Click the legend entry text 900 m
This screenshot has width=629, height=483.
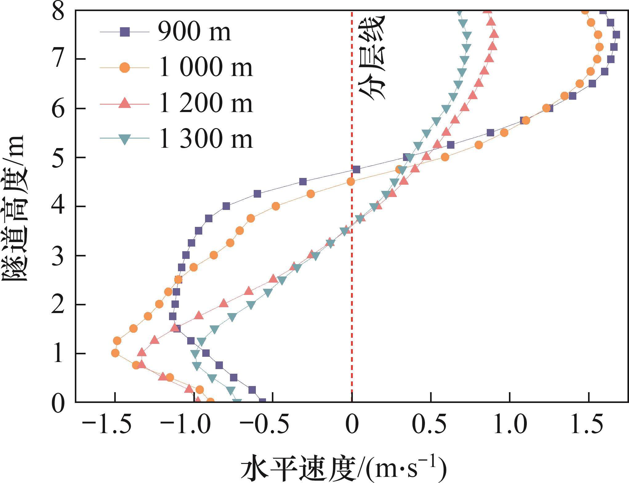(x=194, y=32)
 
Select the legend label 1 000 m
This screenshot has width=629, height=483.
(x=205, y=67)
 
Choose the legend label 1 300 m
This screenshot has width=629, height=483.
(x=205, y=139)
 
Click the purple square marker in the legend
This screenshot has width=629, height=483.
(x=124, y=32)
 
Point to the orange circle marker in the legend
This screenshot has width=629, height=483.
(x=124, y=67)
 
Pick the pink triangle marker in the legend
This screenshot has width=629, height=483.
(x=124, y=103)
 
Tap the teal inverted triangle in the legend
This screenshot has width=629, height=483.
(x=124, y=139)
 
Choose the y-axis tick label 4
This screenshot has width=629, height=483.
(x=58, y=206)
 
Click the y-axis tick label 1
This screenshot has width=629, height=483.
(x=58, y=354)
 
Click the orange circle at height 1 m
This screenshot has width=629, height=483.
(x=115, y=353)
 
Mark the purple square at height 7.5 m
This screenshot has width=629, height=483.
(x=616, y=35)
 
